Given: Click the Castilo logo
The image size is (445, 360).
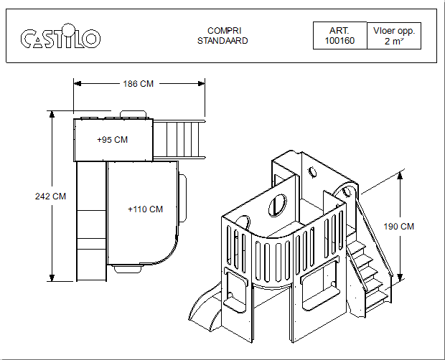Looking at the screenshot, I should (60, 37).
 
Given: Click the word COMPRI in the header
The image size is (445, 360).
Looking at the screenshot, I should (223, 31).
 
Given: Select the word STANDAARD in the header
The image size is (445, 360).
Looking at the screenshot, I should (223, 41).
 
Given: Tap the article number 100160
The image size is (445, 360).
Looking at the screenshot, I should (339, 42).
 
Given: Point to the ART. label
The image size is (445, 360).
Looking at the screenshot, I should (339, 31).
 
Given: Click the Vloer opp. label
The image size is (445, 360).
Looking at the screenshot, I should (394, 31).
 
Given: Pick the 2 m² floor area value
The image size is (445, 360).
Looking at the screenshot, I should (393, 42).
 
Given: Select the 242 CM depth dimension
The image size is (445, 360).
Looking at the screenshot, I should (50, 196).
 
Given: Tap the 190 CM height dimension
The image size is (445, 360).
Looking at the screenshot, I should (399, 227).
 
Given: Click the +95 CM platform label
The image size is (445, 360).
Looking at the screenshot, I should (112, 140).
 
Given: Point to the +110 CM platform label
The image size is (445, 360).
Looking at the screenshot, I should (145, 209).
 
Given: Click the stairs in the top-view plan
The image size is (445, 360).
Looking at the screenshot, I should (179, 139).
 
